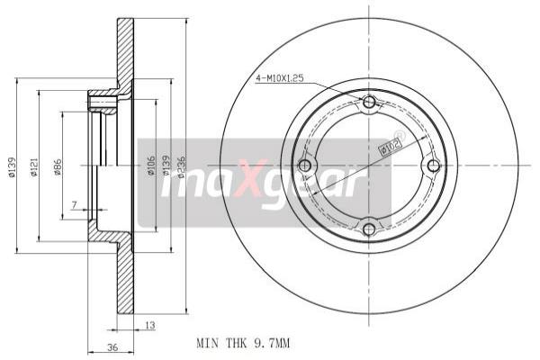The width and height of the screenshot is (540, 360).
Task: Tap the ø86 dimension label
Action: click(57, 166)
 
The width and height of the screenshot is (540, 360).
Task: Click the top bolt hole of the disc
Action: click(368, 103)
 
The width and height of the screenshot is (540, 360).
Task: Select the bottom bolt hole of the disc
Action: click(368, 229)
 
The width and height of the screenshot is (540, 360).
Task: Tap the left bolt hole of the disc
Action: click(304, 166)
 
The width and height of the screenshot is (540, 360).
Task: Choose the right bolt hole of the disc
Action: click(433, 166)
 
